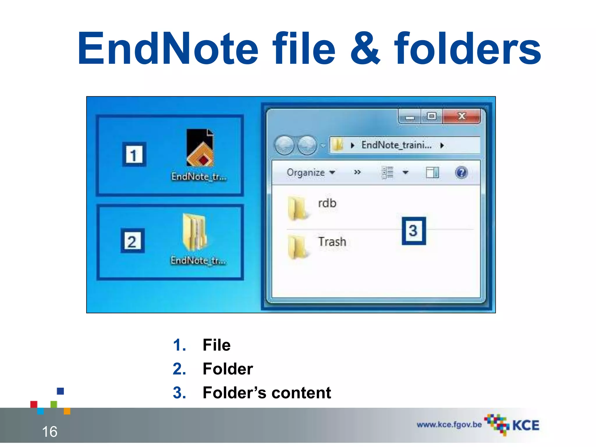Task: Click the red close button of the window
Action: tap(462, 116)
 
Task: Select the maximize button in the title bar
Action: tap(432, 116)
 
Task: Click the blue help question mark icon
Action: tap(461, 173)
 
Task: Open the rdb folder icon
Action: tap(297, 208)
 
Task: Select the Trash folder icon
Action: tap(297, 247)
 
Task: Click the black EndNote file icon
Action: tap(200, 148)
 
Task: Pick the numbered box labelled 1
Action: tap(134, 155)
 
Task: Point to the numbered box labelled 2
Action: tap(132, 241)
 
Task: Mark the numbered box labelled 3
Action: tap(414, 231)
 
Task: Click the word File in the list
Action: tap(217, 345)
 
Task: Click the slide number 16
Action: tap(49, 432)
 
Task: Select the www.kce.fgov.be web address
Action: tap(449, 425)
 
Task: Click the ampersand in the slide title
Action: tap(365, 49)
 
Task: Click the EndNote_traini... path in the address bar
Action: tap(396, 145)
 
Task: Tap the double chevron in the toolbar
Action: tap(357, 172)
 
